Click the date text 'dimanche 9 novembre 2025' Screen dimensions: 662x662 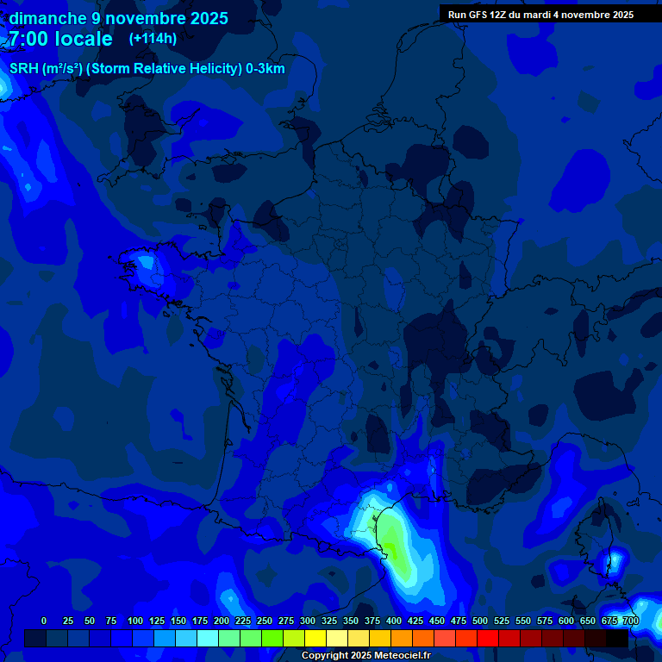118,18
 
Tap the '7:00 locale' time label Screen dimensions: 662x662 60,39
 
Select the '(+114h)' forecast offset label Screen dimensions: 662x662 153,39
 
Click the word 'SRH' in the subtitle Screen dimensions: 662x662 24,69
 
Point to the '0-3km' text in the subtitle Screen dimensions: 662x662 265,69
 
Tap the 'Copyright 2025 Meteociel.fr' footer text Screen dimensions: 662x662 365,655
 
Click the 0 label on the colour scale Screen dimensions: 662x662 44,621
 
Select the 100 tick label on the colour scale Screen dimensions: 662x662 135,621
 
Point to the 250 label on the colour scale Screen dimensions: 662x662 265,621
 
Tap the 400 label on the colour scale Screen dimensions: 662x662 394,621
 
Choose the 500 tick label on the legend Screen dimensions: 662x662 480,621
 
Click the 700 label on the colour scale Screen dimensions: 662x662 630,621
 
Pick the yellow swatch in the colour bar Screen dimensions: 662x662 315,638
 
